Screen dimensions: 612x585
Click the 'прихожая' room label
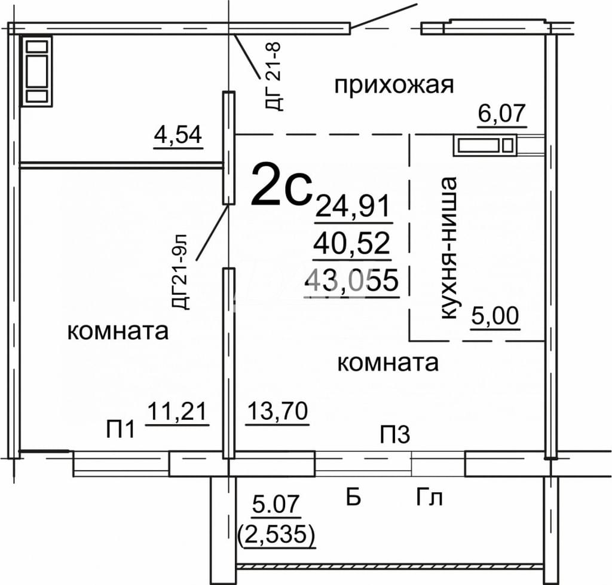(394, 85)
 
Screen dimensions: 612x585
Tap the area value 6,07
(502, 114)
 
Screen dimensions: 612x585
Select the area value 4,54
(178, 135)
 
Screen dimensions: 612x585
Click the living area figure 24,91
(353, 206)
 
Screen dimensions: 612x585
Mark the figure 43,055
(353, 280)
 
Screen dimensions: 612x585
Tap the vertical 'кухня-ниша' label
(449, 248)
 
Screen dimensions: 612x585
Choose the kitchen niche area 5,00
(495, 316)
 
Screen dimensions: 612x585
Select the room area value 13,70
(277, 411)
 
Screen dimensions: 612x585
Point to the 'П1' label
(121, 429)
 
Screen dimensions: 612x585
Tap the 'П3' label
(396, 435)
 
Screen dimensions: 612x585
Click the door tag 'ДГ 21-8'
(273, 77)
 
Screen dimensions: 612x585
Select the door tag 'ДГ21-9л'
(180, 272)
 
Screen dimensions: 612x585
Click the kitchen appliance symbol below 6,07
(485, 145)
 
